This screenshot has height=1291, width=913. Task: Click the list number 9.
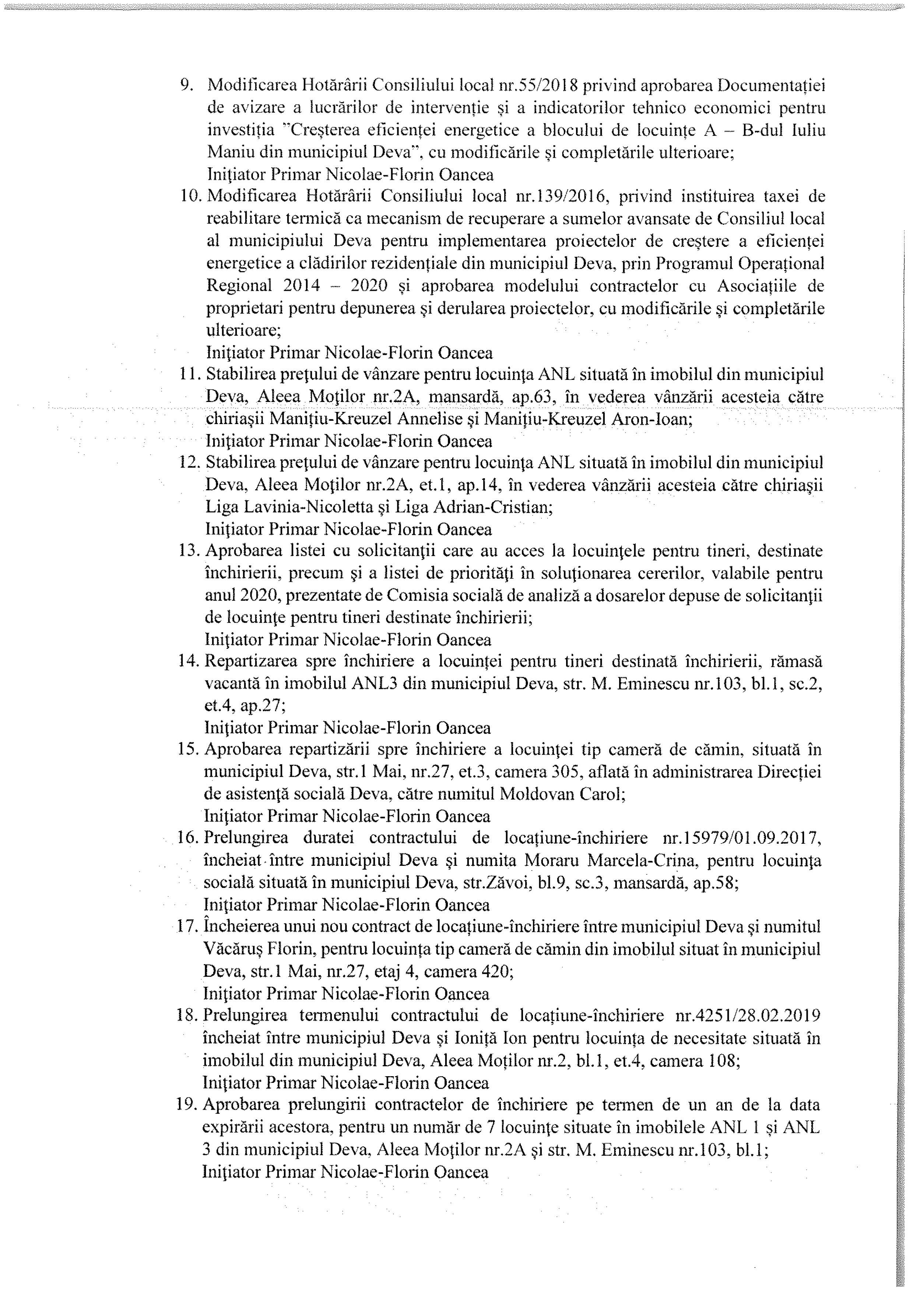[x=187, y=85]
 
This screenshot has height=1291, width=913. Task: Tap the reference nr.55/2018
[x=539, y=85]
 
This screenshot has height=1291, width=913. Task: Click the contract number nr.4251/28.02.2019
[x=747, y=1015]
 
